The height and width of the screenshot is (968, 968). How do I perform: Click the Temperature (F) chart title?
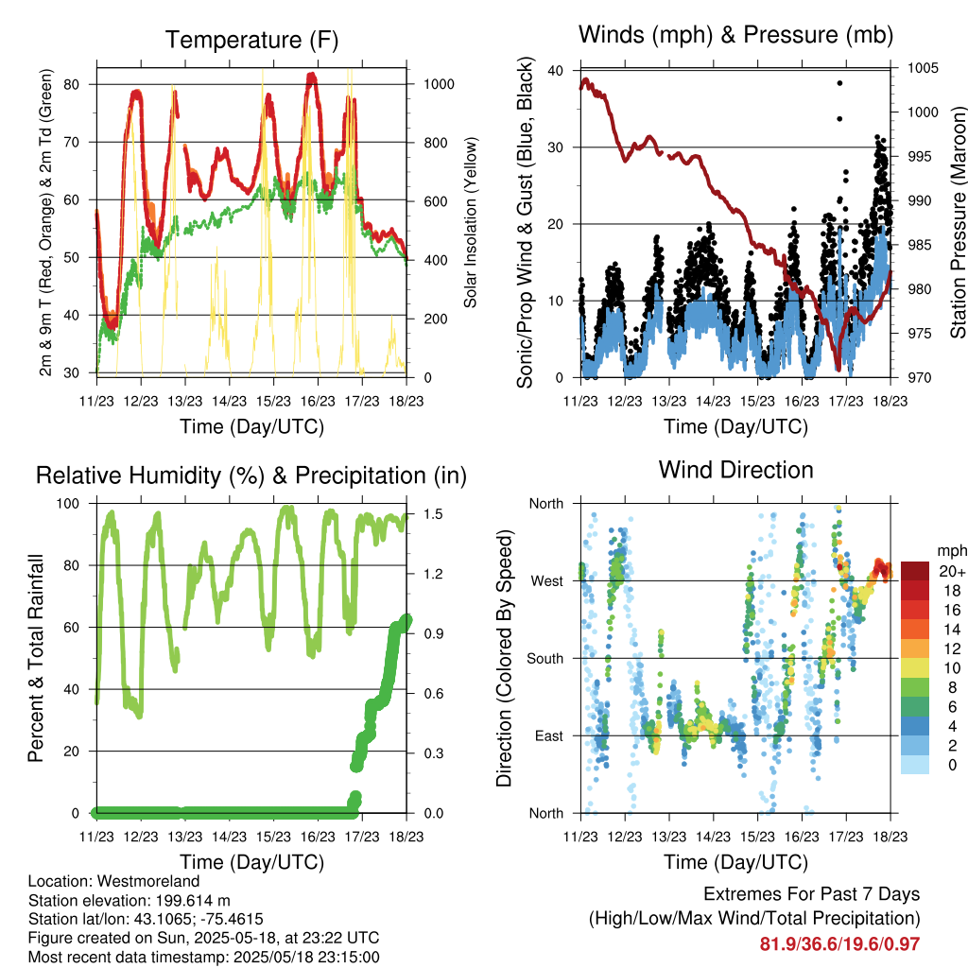point(251,40)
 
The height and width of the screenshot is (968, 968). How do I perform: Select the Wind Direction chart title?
point(735,470)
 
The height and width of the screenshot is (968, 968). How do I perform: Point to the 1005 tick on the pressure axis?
point(923,68)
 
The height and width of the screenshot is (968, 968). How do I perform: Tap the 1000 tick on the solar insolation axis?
point(439,84)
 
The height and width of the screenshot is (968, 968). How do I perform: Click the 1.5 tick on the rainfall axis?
point(433,514)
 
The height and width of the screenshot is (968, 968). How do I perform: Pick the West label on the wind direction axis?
point(547,581)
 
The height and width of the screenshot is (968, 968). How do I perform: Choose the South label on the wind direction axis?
point(545,659)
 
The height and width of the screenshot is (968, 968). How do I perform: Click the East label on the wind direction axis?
point(549,735)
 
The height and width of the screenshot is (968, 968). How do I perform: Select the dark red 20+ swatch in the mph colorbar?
point(915,571)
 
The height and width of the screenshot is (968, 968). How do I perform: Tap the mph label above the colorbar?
point(951,551)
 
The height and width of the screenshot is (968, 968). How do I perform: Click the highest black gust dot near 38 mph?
point(839,83)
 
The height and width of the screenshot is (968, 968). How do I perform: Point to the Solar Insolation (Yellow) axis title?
point(471,222)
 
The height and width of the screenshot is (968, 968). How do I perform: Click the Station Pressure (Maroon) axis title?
point(958,222)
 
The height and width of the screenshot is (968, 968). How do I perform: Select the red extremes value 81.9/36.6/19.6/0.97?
point(839,944)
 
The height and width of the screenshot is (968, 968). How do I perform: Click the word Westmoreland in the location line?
point(148,881)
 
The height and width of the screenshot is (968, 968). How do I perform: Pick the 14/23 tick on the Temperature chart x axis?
point(229,401)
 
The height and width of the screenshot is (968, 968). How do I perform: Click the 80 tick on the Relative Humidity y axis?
point(72,565)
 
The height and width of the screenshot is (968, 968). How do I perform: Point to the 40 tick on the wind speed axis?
point(556,70)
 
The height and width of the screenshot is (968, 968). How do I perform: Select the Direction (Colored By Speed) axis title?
point(505,658)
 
